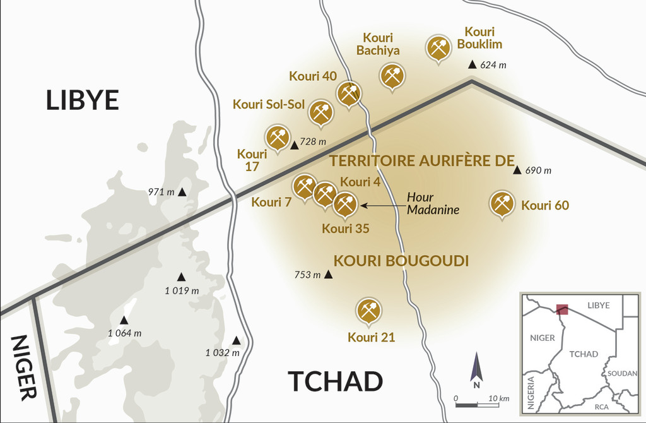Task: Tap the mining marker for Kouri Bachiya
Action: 392,76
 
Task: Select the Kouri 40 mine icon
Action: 348,93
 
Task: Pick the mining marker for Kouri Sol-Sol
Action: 320,112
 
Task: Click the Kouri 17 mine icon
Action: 277,136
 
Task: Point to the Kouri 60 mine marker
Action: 502,203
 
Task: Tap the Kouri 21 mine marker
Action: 368,310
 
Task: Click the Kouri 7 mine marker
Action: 305,187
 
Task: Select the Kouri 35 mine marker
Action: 344,203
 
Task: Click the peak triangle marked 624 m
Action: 472,64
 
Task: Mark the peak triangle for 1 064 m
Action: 124,320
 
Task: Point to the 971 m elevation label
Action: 161,192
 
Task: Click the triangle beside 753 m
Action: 328,275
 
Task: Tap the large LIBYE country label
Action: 82,100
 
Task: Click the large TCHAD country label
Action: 335,381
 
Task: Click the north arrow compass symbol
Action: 477,371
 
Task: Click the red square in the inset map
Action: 561,309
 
